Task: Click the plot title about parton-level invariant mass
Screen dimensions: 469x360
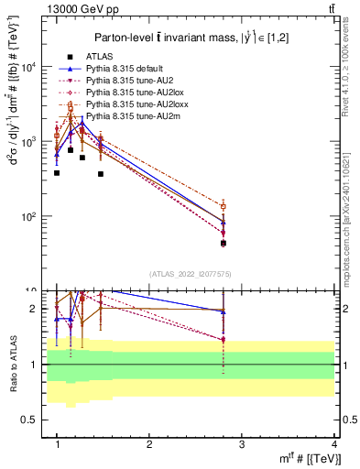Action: [x=193, y=37]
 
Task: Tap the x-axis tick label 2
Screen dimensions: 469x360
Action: [x=149, y=444]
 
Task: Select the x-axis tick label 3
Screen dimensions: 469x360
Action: [x=242, y=444]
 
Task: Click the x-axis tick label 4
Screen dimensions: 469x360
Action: [x=334, y=444]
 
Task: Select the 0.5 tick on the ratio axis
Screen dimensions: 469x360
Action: [x=31, y=420]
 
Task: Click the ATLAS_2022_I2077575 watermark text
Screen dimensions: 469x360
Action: [x=193, y=273]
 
